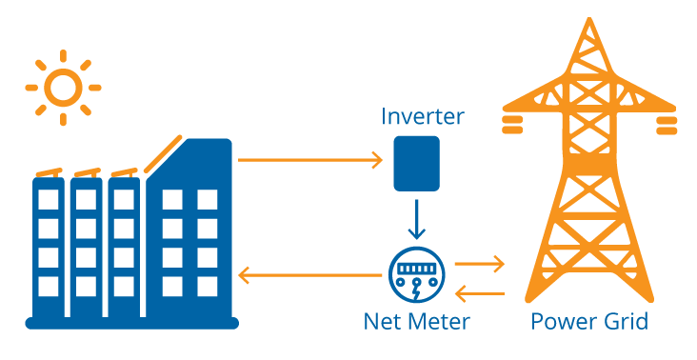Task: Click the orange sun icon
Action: [63, 88]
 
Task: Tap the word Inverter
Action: [422, 117]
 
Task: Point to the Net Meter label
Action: [416, 321]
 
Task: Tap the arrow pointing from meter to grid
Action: [479, 262]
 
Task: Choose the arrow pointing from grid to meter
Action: [479, 291]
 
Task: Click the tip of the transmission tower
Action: [587, 21]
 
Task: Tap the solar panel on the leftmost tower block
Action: [48, 173]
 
